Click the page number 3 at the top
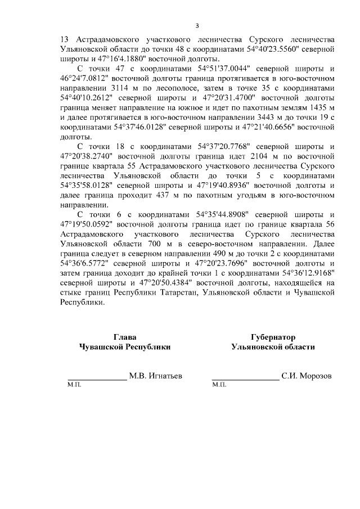click(x=197, y=25)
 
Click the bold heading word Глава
click(x=125, y=337)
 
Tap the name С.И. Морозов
click(x=307, y=375)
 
